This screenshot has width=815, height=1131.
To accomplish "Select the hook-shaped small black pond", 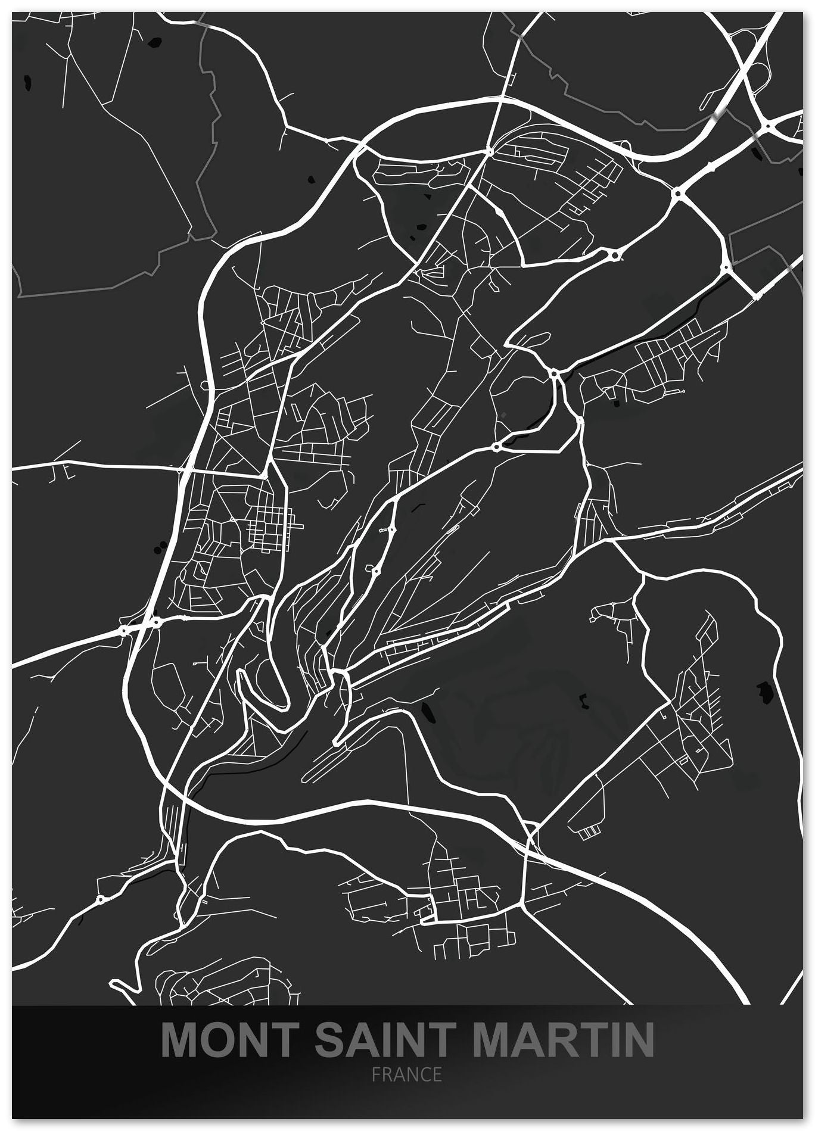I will coord(584,700).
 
